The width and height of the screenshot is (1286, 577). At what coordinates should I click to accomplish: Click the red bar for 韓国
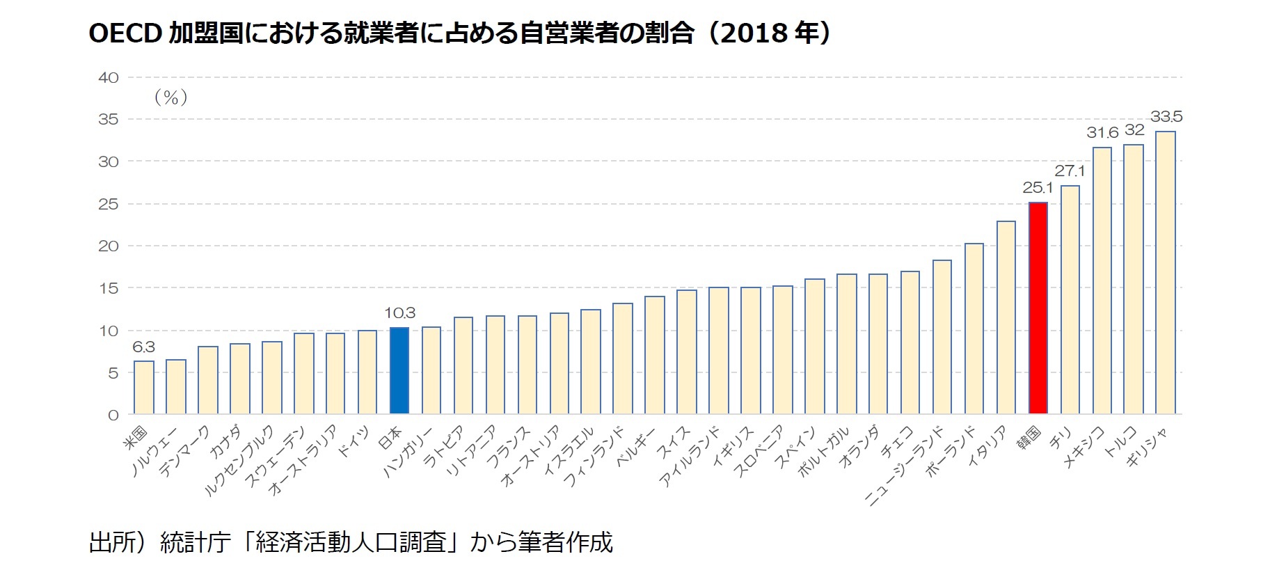[x=1038, y=308]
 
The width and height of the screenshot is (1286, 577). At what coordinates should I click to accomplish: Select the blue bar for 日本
[x=399, y=371]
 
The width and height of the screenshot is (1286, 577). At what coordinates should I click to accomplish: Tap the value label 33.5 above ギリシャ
[x=1166, y=117]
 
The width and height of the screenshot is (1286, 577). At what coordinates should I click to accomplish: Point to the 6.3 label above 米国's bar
[x=143, y=347]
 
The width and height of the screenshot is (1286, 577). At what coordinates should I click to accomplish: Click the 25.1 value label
[x=1038, y=188]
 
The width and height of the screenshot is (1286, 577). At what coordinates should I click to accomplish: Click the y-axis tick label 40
[x=109, y=78]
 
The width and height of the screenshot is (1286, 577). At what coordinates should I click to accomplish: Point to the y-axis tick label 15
[x=109, y=289]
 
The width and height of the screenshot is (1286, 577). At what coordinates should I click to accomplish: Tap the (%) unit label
[x=170, y=97]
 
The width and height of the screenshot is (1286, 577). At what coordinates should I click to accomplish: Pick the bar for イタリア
[x=1006, y=317]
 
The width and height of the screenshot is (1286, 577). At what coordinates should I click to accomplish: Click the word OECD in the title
[x=125, y=33]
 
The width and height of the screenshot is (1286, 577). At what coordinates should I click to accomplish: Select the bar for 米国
[x=144, y=388]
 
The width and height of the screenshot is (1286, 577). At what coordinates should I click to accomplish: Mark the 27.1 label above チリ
[x=1070, y=171]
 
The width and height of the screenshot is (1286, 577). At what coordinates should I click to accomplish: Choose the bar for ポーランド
[x=974, y=329]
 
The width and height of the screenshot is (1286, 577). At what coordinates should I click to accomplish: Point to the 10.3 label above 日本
[x=399, y=313]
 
